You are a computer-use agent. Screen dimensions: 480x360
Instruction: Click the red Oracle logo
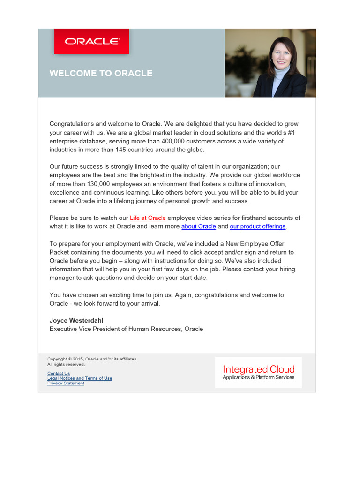(x=92, y=41)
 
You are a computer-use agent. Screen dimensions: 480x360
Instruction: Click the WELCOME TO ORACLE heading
(x=101, y=73)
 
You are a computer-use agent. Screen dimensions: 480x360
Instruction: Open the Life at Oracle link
(x=148, y=218)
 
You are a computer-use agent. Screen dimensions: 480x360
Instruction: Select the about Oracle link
(x=199, y=226)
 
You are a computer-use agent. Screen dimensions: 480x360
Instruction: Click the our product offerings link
(x=257, y=226)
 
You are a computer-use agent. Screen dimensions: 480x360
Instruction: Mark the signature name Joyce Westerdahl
(x=76, y=321)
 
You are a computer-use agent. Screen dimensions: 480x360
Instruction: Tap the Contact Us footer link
(x=59, y=374)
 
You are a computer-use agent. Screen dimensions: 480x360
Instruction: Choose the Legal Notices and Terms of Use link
(x=80, y=378)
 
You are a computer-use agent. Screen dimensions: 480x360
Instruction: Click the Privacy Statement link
(x=66, y=383)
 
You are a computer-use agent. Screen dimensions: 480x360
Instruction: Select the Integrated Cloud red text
(x=259, y=369)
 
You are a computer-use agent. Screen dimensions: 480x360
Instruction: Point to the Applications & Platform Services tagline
(x=259, y=378)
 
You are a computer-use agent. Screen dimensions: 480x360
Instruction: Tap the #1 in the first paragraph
(x=290, y=133)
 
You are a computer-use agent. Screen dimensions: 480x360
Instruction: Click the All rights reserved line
(x=66, y=364)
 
